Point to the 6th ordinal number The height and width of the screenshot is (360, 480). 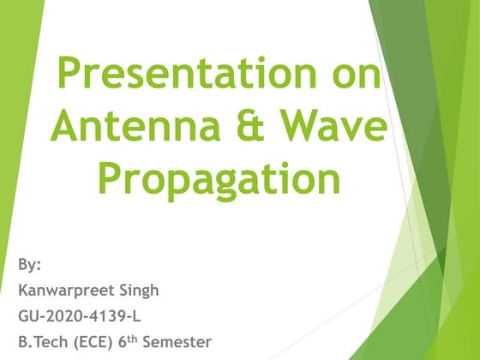pyautogui.click(x=130, y=342)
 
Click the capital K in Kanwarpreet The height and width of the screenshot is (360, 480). pyautogui.click(x=22, y=291)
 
